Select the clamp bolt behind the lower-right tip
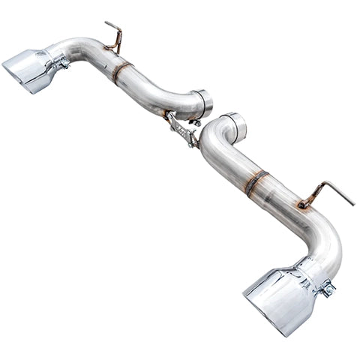327,287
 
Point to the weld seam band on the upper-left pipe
120,71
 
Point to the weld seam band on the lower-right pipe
256,182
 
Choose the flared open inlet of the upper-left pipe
203,103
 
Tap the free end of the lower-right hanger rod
352,204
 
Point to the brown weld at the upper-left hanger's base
113,49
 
